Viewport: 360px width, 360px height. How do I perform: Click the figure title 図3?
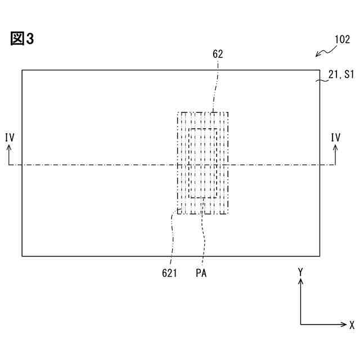tap(22, 39)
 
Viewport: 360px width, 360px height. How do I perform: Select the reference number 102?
tap(342, 39)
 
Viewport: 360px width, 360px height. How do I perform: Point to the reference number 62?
tap(218, 54)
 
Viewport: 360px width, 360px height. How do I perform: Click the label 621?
tap(169, 273)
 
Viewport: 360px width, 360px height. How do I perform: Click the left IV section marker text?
tap(10, 137)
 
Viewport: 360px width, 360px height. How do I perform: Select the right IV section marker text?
tap(336, 137)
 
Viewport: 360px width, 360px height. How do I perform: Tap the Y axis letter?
tap(301, 272)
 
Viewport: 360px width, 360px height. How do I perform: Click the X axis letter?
tap(352, 325)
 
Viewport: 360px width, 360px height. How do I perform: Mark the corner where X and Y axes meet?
tap(301, 325)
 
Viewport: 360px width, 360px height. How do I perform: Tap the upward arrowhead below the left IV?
tap(10, 148)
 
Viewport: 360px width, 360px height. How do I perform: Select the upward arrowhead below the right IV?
tap(336, 148)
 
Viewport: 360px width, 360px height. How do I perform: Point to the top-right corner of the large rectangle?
tap(320, 70)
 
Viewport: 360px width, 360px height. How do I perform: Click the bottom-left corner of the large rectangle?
tap(22, 256)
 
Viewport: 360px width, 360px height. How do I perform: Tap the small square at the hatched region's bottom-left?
tap(179, 211)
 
